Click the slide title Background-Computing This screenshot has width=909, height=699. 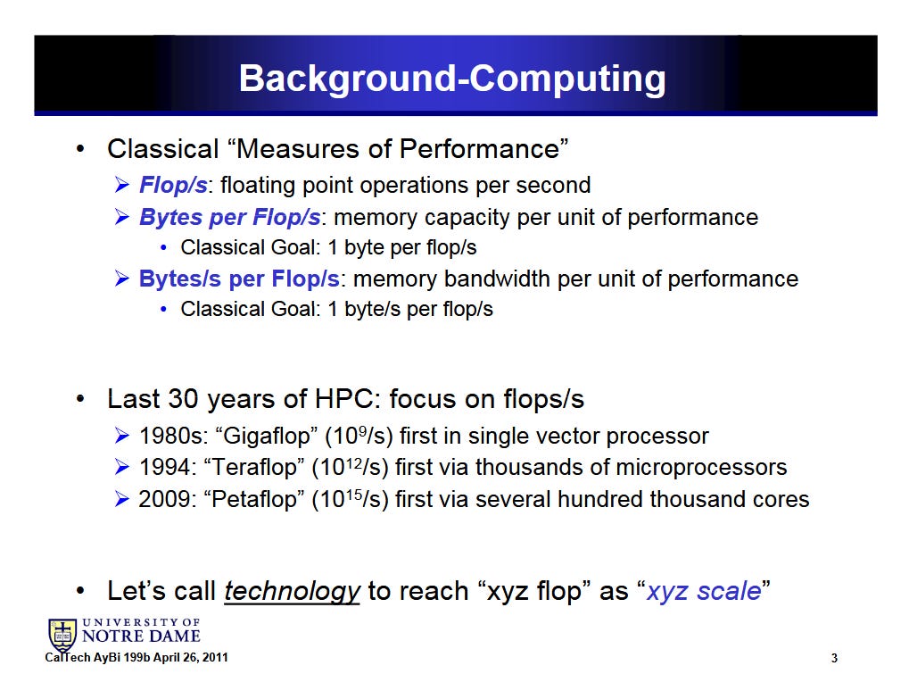452,79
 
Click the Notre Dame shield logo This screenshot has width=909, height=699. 62,635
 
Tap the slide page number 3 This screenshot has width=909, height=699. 834,658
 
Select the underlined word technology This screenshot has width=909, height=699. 293,591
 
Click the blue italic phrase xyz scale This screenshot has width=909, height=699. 703,591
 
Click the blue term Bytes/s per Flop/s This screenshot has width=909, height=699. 239,279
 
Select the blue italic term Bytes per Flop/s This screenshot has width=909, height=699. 229,217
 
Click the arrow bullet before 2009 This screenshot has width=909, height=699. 121,499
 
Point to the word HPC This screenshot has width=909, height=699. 343,399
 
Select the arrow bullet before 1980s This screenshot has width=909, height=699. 121,436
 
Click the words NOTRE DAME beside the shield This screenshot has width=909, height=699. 141,637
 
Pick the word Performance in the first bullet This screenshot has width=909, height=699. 479,149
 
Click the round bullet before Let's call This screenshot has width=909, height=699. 80,592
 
